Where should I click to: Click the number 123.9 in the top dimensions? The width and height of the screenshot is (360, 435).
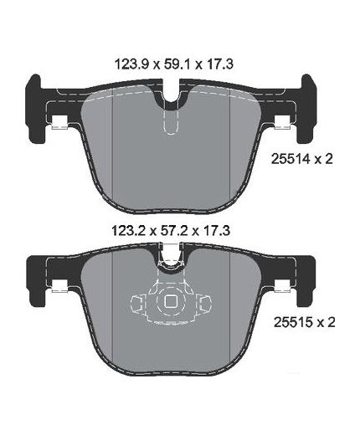point(131,64)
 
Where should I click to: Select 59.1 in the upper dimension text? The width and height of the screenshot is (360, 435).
point(177,64)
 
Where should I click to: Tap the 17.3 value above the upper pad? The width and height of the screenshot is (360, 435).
point(219,64)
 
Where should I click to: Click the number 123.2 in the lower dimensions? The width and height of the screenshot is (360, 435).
point(127,231)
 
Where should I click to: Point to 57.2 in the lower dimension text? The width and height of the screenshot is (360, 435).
point(175,231)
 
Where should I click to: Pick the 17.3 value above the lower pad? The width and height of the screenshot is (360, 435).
point(217,231)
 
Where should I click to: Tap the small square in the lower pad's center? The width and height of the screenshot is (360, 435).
point(170,301)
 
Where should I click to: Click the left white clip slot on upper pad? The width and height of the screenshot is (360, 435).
point(60,122)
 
